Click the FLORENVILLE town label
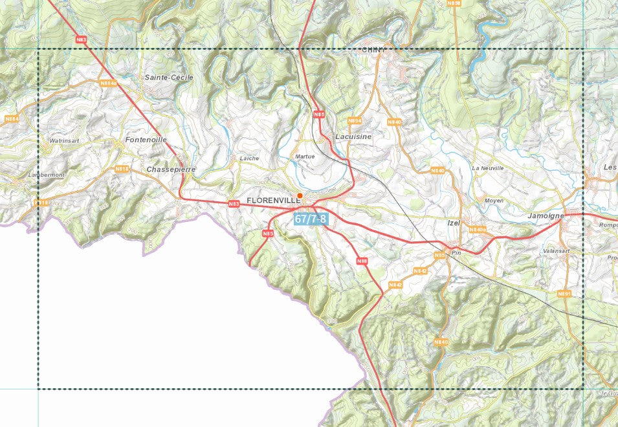click(273, 200)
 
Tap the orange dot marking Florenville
click(300, 195)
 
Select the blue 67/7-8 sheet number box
click(311, 219)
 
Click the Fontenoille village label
click(146, 139)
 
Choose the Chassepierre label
click(171, 169)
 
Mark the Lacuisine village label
click(354, 137)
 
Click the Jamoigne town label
click(546, 215)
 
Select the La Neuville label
click(488, 168)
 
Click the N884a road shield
click(109, 83)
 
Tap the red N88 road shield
click(362, 261)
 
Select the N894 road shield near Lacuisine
click(354, 121)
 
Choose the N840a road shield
click(477, 230)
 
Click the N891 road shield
click(564, 294)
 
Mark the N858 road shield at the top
click(454, 3)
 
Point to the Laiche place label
click(249, 158)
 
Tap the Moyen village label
click(494, 201)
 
